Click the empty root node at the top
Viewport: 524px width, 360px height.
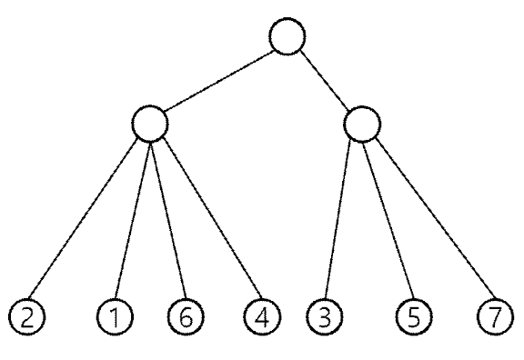tap(287, 36)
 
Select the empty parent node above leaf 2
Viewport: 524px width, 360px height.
tap(150, 124)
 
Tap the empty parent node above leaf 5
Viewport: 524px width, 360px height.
tap(362, 125)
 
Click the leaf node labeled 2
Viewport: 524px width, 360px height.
tap(26, 316)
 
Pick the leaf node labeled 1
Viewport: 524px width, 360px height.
tap(115, 316)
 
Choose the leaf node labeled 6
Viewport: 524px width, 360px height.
tap(186, 316)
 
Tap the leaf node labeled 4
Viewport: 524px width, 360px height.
tap(262, 316)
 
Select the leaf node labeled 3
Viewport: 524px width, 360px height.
tap(324, 316)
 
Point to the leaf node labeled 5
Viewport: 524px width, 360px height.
tap(414, 316)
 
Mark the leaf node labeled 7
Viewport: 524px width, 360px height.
tap(495, 316)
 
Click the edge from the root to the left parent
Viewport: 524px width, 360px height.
tap(219, 81)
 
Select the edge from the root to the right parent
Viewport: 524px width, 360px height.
tap(325, 81)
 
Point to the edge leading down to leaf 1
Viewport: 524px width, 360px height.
tap(132, 220)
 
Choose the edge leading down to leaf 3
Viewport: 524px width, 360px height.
tap(338, 220)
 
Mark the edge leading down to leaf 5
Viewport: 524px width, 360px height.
tap(389, 220)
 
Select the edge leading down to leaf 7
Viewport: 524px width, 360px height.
tap(436, 217)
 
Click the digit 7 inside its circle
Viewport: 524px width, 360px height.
tap(496, 316)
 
